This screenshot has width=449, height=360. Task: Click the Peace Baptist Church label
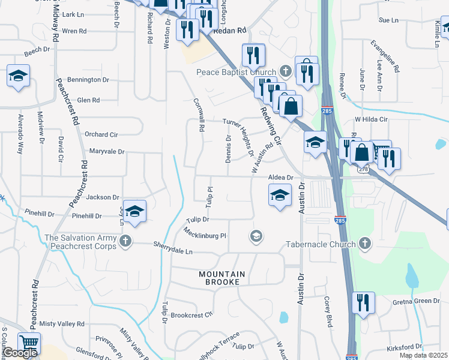[237, 72]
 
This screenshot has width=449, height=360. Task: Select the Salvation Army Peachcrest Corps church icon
[125, 241]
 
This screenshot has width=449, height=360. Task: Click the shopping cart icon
[29, 344]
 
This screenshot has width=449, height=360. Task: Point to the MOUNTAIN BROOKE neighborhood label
[222, 278]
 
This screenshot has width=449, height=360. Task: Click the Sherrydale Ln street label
[173, 248]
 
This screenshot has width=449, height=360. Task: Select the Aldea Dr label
[280, 178]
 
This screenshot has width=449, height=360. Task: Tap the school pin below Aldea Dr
[280, 196]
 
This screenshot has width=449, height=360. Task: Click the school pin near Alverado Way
[18, 76]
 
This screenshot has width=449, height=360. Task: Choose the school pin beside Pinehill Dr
[136, 211]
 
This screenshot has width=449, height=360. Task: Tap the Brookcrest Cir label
[191, 315]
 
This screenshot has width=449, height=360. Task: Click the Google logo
[20, 353]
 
